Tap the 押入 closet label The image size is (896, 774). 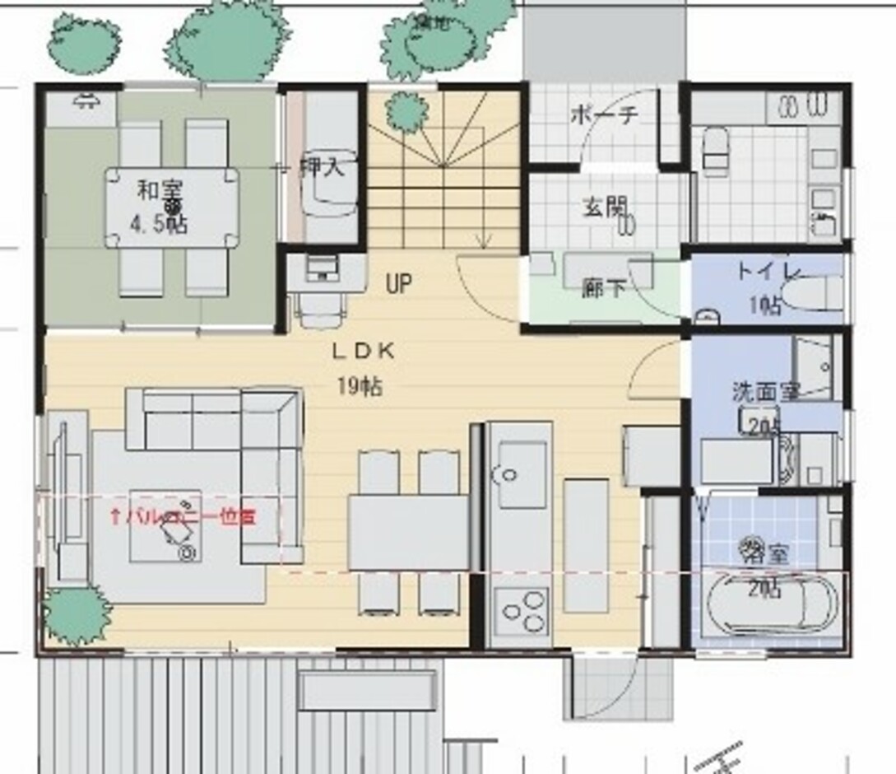tap(319, 167)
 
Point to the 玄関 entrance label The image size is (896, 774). tap(606, 207)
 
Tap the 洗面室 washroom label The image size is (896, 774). tap(765, 391)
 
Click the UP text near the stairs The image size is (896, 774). tap(398, 284)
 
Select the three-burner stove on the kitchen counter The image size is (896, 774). tap(521, 611)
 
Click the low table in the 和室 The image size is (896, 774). tap(172, 207)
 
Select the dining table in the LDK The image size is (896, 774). tap(408, 532)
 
